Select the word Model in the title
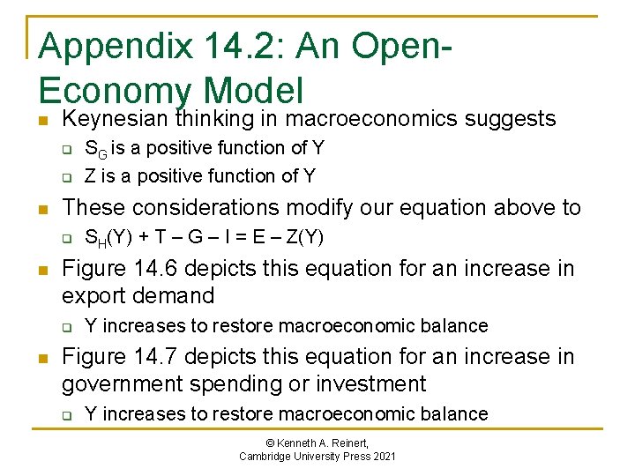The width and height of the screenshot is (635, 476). point(253,91)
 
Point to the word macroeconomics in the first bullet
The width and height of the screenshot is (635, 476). point(368,119)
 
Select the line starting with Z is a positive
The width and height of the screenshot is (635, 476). point(199,175)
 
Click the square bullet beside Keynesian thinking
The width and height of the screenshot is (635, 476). point(43,120)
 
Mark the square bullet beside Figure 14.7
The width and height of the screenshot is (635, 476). point(43,358)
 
